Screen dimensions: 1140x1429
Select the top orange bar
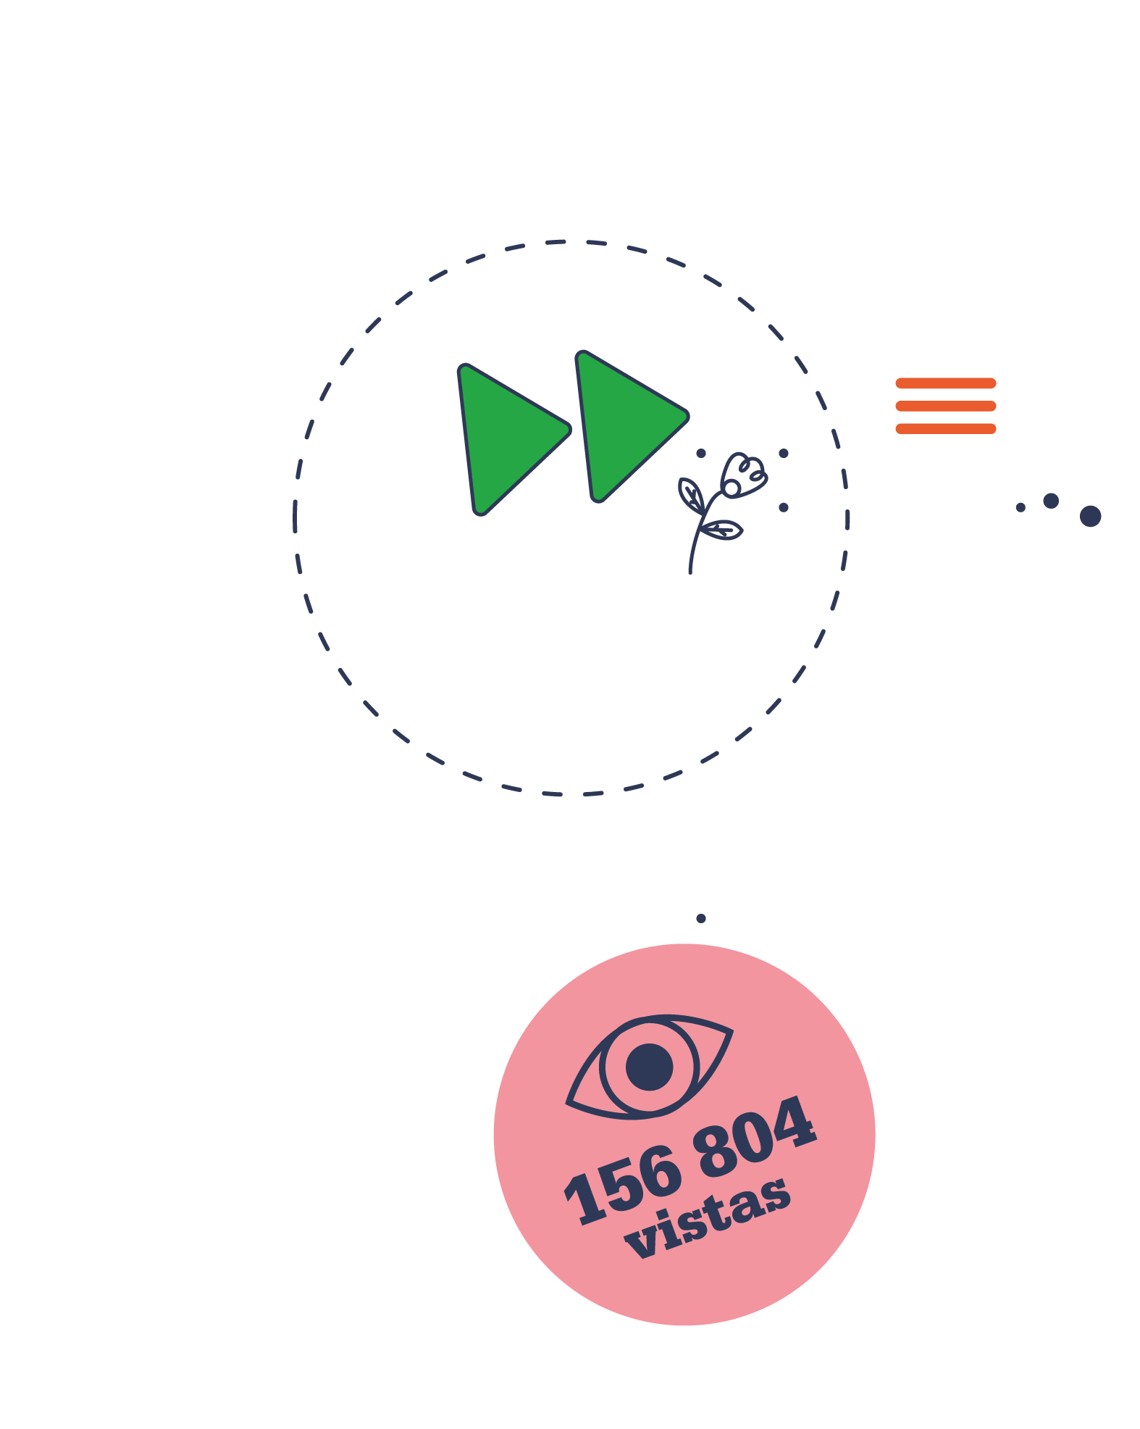(x=946, y=383)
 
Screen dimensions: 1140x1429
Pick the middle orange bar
(x=946, y=406)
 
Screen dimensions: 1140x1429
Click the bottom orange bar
(x=946, y=429)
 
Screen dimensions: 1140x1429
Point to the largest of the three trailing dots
(x=1090, y=516)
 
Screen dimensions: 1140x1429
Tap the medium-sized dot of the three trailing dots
(x=1051, y=501)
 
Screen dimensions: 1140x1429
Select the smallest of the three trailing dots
(x=1020, y=507)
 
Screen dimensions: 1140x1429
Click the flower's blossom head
(x=743, y=475)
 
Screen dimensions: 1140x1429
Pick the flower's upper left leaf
(x=691, y=495)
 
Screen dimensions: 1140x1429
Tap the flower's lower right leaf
(x=722, y=530)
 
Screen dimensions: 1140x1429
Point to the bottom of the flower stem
(x=690, y=572)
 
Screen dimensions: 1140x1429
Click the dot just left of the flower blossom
(x=701, y=454)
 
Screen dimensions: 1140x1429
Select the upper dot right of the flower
(x=784, y=454)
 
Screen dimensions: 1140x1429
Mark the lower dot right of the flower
(x=784, y=507)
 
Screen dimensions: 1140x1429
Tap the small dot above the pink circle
(x=701, y=918)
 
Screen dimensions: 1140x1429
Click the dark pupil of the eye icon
(x=649, y=1067)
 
